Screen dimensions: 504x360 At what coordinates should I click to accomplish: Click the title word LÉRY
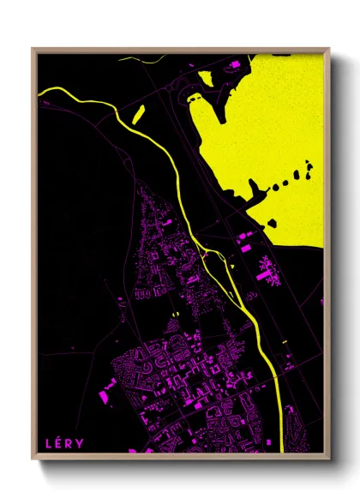coord(64,442)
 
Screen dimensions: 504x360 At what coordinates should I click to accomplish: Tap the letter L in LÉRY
coord(50,442)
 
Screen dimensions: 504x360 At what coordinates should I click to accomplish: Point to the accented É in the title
coord(59,442)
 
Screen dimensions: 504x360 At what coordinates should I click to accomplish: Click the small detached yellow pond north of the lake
coord(205,77)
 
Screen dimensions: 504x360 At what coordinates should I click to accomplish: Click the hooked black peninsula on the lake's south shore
coord(252,193)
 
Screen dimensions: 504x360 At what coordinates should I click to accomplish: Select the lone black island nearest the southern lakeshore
coord(273,223)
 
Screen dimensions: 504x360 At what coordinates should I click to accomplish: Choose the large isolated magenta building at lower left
coord(108,394)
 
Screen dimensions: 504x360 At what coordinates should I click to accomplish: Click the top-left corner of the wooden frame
coord(33,49)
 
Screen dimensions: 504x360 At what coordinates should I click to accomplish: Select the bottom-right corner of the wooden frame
coord(328,457)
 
